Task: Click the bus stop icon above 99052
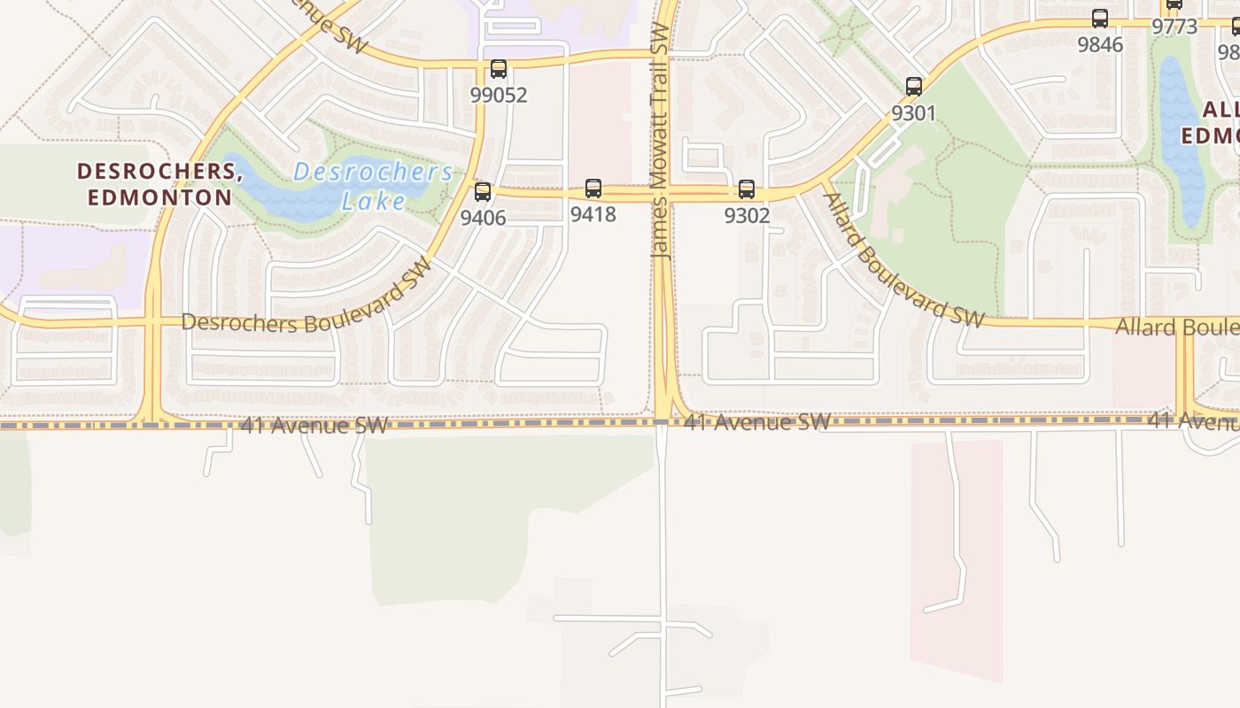[x=499, y=69]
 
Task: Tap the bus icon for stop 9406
[x=483, y=191]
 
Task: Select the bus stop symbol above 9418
[x=593, y=189]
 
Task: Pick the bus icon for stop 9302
[x=747, y=189]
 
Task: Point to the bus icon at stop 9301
[x=914, y=87]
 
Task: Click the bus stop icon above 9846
[x=1100, y=19]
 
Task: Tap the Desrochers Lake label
[x=373, y=186]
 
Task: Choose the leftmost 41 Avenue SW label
[x=314, y=426]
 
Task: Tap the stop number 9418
[x=593, y=214]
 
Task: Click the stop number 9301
[x=913, y=113]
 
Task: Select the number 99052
[x=499, y=95]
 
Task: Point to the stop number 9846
[x=1100, y=44]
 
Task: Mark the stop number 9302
[x=747, y=215]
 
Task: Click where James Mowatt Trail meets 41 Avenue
[x=662, y=423]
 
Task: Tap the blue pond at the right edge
[x=1182, y=142]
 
